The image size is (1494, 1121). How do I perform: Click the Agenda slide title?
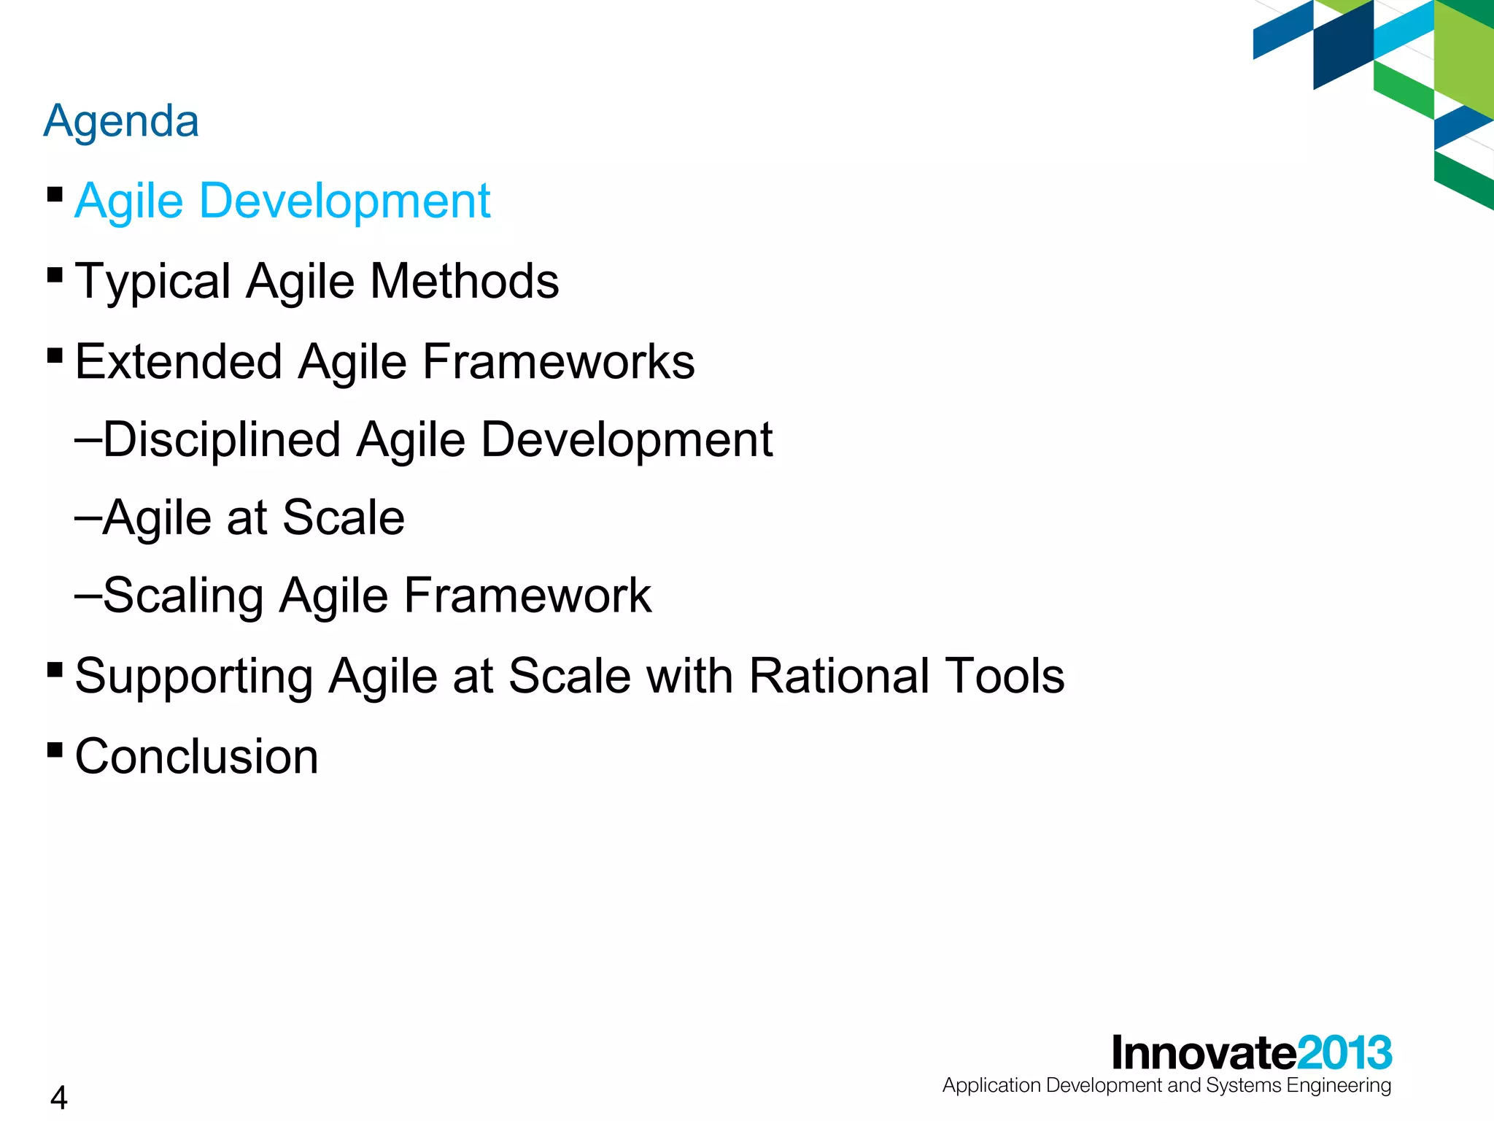point(121,121)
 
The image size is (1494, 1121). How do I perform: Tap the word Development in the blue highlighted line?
point(344,201)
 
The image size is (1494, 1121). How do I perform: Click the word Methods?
point(464,281)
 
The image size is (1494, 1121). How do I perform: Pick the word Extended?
point(178,362)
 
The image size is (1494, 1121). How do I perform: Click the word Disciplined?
point(222,441)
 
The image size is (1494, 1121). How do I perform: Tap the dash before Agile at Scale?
point(88,517)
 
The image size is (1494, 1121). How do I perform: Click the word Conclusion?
point(196,757)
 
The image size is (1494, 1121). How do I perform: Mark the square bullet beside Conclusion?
point(55,750)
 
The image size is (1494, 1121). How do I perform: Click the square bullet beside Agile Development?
point(55,195)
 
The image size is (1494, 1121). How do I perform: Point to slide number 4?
point(59,1098)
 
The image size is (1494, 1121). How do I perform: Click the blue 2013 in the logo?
point(1344,1053)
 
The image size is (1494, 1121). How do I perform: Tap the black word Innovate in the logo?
point(1204,1053)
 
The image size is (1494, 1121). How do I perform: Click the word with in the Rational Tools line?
point(689,676)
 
